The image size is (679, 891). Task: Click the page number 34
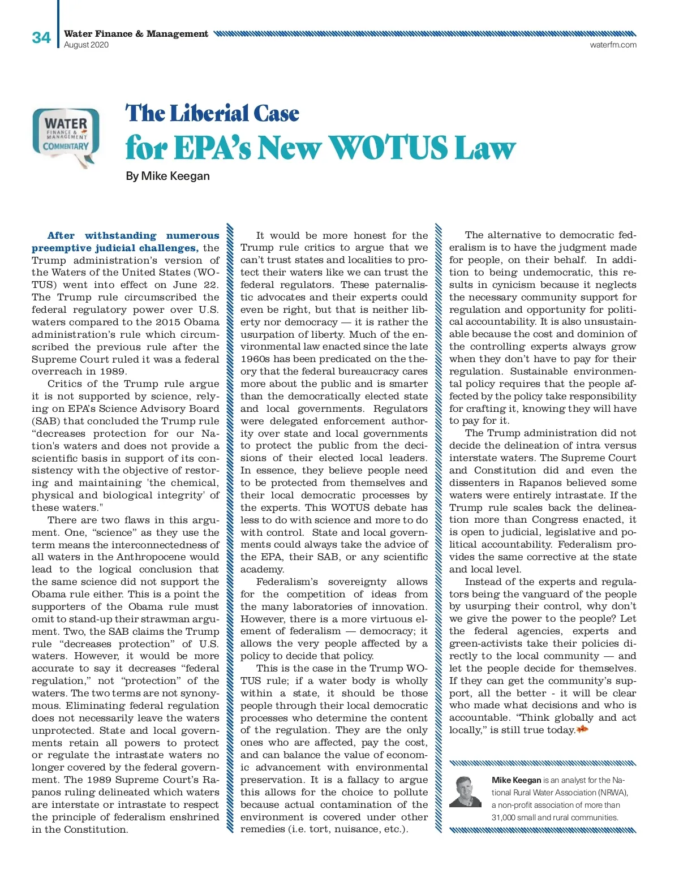[x=41, y=38]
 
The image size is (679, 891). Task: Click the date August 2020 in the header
[x=86, y=45]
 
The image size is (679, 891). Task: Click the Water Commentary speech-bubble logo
[x=66, y=136]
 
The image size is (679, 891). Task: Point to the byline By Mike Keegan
[x=167, y=177]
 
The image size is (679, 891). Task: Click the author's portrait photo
[x=465, y=792]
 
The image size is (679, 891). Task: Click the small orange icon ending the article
[x=582, y=730]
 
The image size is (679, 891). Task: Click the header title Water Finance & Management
[x=136, y=34]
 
